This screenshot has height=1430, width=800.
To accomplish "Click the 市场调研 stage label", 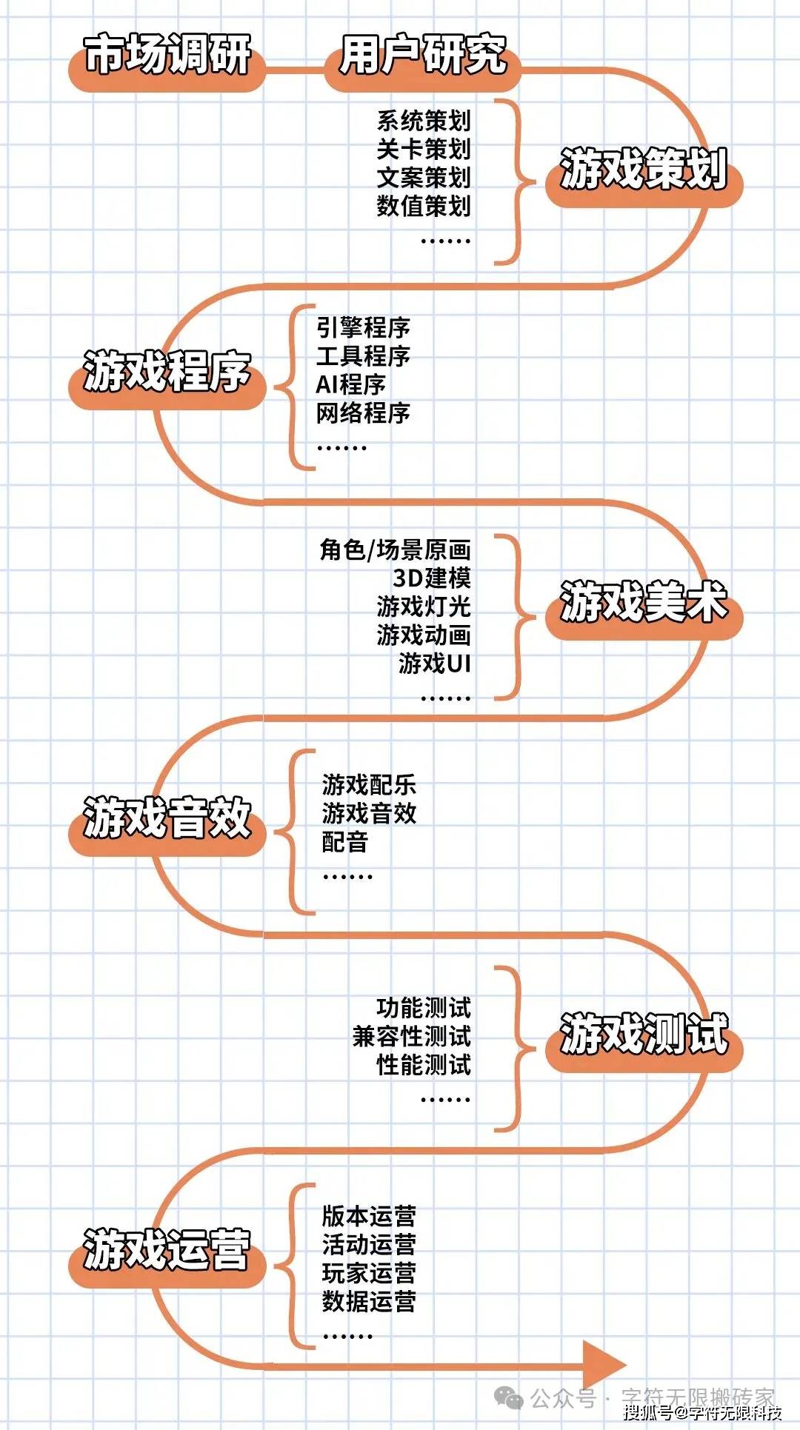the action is point(167,61).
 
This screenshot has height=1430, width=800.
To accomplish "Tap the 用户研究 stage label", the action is point(422,61).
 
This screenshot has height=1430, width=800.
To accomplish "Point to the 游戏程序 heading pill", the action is point(167,378).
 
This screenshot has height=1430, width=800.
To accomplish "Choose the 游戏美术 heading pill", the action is point(644,608).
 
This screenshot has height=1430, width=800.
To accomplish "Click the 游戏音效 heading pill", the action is point(167,825).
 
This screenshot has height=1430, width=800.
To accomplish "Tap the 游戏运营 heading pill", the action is point(167,1257).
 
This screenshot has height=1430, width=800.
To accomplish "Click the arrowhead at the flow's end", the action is point(604,1364).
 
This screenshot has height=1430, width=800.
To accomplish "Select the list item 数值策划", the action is point(424,206).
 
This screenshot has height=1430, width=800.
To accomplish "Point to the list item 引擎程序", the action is point(363,327).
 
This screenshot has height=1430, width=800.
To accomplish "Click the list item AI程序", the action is point(351,384).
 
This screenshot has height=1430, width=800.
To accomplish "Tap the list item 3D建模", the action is point(432,578).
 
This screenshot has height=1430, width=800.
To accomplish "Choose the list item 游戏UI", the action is point(435,664).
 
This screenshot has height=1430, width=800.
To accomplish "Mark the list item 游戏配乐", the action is point(369,784).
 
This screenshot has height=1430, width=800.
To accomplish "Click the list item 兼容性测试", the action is point(412,1036).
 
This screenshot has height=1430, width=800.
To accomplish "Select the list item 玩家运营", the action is point(369,1272).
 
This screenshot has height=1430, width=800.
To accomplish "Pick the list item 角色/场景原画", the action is point(396,549).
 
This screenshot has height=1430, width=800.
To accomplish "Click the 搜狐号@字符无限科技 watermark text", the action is point(702,1412).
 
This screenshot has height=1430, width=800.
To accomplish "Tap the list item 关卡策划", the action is point(424,149).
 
